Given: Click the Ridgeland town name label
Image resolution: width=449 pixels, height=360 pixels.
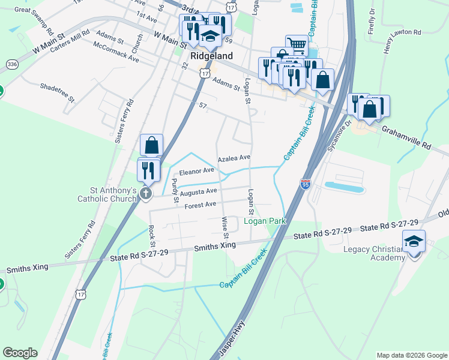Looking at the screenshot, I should coord(212,55).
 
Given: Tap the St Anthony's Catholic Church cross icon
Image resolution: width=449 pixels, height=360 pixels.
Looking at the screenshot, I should coord(145,193).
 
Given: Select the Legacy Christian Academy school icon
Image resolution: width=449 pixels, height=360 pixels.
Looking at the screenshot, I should coord(414,241).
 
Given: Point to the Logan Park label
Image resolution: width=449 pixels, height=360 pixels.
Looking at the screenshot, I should coord(265,221).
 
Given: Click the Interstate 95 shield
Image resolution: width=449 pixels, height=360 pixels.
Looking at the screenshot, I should coord(306,184).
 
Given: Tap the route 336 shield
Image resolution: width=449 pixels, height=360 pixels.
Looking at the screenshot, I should coord(11,64).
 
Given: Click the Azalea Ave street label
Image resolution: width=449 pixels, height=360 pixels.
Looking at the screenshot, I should coord(234,158).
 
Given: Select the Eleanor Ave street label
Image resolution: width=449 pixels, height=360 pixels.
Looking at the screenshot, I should coord(197,171).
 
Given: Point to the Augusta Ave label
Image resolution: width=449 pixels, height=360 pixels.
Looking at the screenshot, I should coord(198,192).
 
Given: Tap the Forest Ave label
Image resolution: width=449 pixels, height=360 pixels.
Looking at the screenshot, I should coord(200,205).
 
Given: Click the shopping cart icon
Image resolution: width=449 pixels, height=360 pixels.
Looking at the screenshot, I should coord(297,44).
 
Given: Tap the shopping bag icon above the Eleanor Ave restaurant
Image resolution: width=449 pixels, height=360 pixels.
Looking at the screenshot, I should coord(151,145).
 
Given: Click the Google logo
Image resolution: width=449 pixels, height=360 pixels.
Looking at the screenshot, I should coord(20,353).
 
